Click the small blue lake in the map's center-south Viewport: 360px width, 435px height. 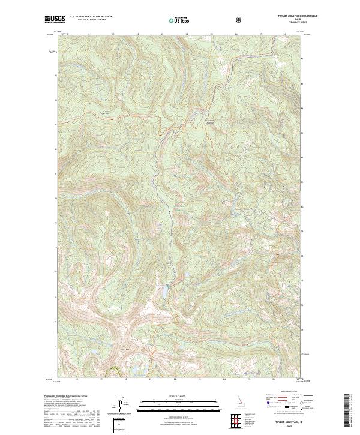coord(163,292)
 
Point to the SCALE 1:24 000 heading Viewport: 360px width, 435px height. coord(171,396)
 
